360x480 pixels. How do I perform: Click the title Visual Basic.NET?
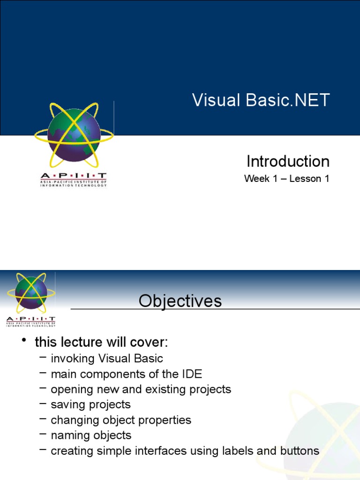click(x=261, y=100)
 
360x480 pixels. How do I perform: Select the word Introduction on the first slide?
click(x=288, y=161)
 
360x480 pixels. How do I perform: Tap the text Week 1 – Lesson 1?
click(x=286, y=179)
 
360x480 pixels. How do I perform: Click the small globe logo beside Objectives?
click(x=30, y=293)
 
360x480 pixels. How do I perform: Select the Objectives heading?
click(x=180, y=301)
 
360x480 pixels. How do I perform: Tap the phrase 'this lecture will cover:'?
click(x=101, y=343)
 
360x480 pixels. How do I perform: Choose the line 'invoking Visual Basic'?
click(x=107, y=359)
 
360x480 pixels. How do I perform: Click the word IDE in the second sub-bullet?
click(x=192, y=374)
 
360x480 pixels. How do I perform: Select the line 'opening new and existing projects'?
click(x=141, y=389)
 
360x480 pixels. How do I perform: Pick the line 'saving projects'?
click(x=90, y=405)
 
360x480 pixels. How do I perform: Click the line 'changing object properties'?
click(x=121, y=420)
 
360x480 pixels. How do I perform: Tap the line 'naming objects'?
click(x=91, y=435)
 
